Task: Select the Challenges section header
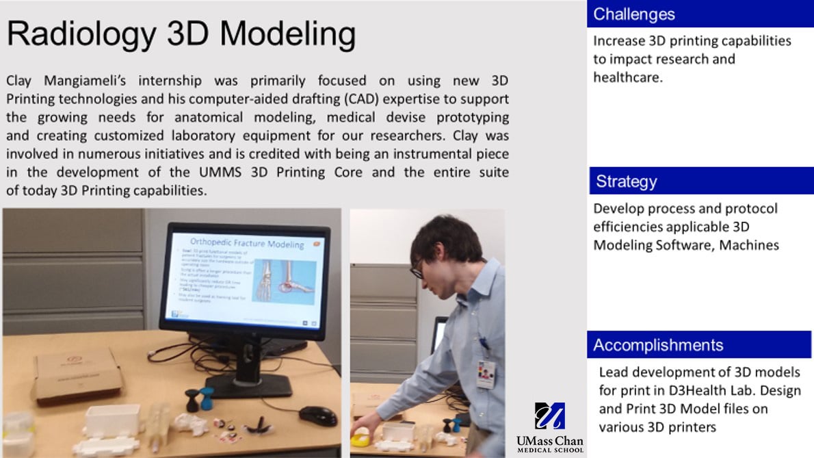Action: click(x=633, y=14)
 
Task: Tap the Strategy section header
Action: click(x=626, y=181)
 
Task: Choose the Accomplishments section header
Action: click(x=657, y=345)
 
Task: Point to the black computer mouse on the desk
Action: click(x=317, y=415)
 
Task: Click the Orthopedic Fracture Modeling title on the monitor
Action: click(x=248, y=244)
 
